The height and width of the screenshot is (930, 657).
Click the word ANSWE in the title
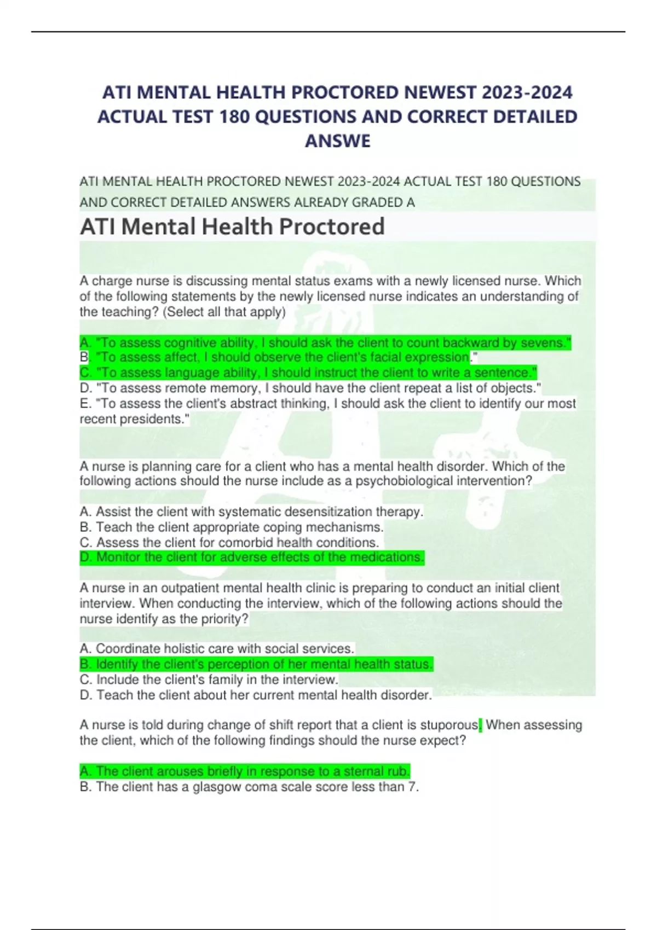pyautogui.click(x=337, y=141)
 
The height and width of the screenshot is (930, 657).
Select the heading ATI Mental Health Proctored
pyautogui.click(x=232, y=226)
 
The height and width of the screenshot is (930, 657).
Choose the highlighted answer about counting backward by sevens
pyautogui.click(x=325, y=343)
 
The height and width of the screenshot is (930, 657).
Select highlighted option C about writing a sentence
pyautogui.click(x=308, y=373)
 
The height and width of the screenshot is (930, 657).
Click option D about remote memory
pyautogui.click(x=310, y=388)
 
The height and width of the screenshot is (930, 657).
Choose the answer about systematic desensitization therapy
pyautogui.click(x=251, y=512)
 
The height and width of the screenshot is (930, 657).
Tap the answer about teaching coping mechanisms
pyautogui.click(x=232, y=527)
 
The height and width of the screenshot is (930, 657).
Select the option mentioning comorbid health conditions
pyautogui.click(x=229, y=543)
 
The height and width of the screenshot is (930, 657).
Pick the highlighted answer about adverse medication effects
pyautogui.click(x=252, y=557)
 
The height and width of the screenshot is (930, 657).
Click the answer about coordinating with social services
pyautogui.click(x=217, y=649)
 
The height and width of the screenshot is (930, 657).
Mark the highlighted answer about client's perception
pyautogui.click(x=256, y=664)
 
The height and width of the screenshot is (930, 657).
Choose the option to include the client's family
pyautogui.click(x=209, y=680)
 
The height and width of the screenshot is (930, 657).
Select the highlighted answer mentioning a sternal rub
pyautogui.click(x=245, y=772)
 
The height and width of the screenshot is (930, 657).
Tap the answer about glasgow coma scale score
pyautogui.click(x=249, y=787)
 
